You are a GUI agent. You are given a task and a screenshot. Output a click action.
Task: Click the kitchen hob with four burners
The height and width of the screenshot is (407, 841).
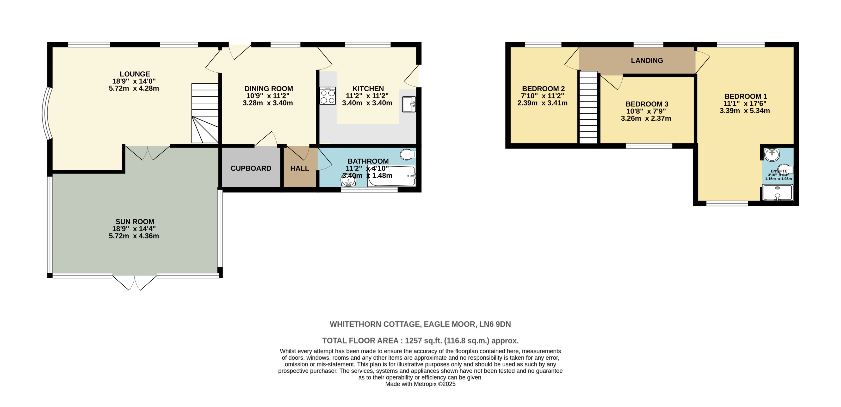click(x=328, y=96)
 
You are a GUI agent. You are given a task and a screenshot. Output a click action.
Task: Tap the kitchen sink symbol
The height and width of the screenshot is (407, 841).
click(x=409, y=104)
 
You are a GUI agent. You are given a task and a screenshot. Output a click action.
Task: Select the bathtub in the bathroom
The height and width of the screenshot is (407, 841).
click(x=392, y=176)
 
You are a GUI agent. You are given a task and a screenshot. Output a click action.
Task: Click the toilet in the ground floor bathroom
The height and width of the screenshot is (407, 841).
click(x=408, y=155)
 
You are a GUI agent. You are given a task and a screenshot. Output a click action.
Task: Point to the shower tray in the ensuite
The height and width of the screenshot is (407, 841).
click(x=777, y=193)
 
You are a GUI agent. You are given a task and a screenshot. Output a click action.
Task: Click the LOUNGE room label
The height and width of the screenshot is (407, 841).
click(x=135, y=74)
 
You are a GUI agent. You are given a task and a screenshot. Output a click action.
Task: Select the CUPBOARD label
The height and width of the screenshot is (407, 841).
click(x=251, y=169)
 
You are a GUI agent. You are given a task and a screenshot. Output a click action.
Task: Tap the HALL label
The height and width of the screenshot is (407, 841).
click(x=299, y=169)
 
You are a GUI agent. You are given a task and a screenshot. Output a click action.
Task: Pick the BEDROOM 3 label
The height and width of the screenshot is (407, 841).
click(x=647, y=104)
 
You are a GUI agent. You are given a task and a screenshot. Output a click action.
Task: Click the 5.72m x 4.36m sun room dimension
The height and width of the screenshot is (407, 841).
click(x=134, y=236)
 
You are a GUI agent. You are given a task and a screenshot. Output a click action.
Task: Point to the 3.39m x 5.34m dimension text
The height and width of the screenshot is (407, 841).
click(x=745, y=111)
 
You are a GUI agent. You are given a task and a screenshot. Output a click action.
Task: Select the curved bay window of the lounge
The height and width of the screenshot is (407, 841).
click(x=46, y=114)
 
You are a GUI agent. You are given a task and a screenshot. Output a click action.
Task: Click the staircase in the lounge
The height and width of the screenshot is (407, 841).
click(x=205, y=113)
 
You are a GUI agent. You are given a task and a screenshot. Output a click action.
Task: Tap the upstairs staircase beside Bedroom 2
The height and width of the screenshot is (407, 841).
click(x=588, y=108)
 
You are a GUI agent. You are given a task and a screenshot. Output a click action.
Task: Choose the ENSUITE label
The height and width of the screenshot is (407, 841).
click(x=779, y=171)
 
